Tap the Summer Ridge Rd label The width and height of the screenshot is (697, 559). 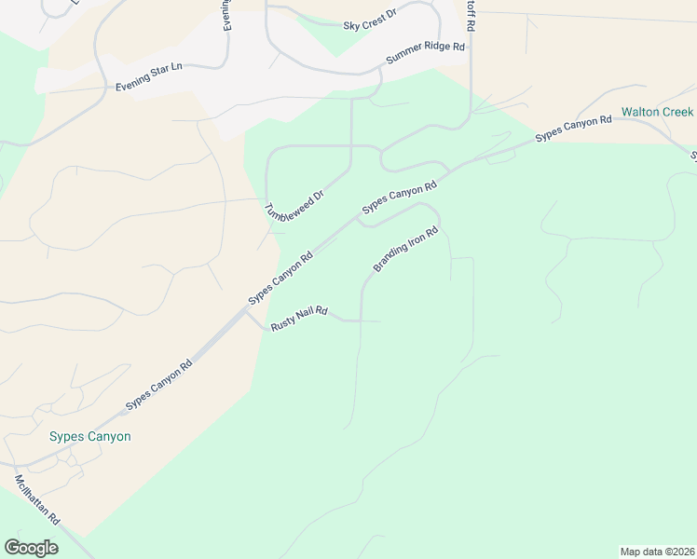[425, 54]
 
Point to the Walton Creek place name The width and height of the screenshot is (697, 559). [658, 112]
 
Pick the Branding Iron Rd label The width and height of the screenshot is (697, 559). [406, 249]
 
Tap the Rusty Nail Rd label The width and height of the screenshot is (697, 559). [298, 319]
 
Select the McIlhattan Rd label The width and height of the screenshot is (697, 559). [38, 499]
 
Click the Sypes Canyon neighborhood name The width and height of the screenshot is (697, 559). [89, 436]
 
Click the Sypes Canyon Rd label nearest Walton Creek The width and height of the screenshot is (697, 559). [573, 130]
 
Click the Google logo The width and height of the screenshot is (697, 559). [31, 547]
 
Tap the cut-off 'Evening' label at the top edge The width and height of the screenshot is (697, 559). [226, 16]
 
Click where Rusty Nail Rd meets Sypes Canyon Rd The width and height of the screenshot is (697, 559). [247, 311]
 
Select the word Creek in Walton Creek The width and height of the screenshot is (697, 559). [677, 112]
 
